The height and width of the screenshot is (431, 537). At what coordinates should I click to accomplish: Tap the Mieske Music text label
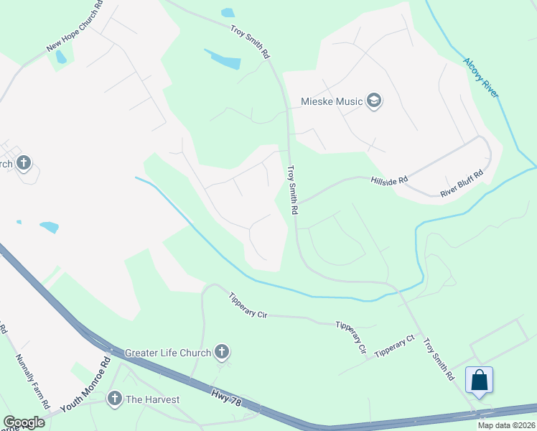click(331, 101)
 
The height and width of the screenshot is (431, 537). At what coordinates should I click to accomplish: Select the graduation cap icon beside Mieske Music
click(373, 101)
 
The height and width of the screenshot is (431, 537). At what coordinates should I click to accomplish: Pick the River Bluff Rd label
click(462, 183)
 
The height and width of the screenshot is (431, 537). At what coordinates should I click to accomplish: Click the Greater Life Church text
click(168, 353)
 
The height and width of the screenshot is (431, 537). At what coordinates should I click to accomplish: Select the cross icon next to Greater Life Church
click(223, 352)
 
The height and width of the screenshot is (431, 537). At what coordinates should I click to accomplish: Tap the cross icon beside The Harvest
click(114, 399)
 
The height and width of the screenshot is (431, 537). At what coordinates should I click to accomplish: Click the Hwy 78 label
click(225, 399)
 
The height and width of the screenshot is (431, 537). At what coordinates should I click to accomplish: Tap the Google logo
click(23, 422)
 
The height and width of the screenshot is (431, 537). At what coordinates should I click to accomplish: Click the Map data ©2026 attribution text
click(506, 425)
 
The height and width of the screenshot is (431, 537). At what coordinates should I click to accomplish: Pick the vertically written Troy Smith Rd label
click(292, 190)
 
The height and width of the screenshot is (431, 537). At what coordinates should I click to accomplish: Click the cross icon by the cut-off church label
click(23, 163)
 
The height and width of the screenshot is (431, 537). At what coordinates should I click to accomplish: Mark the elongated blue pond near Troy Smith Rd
click(223, 59)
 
